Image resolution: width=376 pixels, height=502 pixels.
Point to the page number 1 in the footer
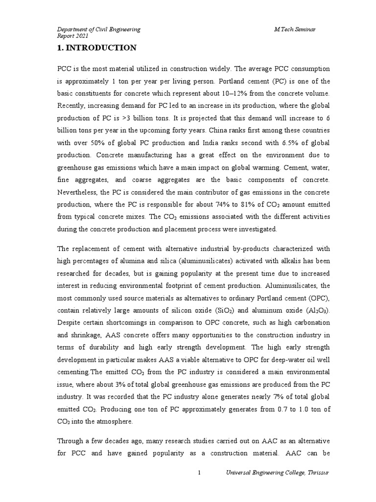tap(199, 486)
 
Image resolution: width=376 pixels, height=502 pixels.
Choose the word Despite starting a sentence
tap(69, 323)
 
